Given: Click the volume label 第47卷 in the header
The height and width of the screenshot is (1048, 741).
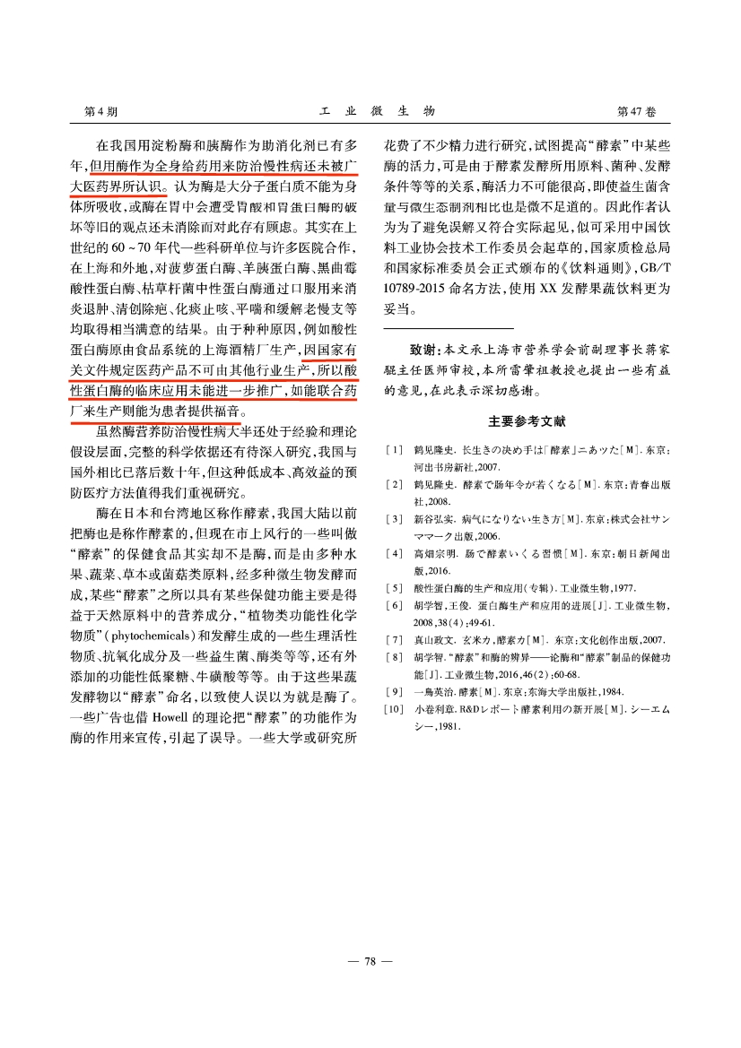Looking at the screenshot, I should pos(637,111).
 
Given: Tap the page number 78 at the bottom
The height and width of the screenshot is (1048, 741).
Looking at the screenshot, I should pos(370,961).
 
